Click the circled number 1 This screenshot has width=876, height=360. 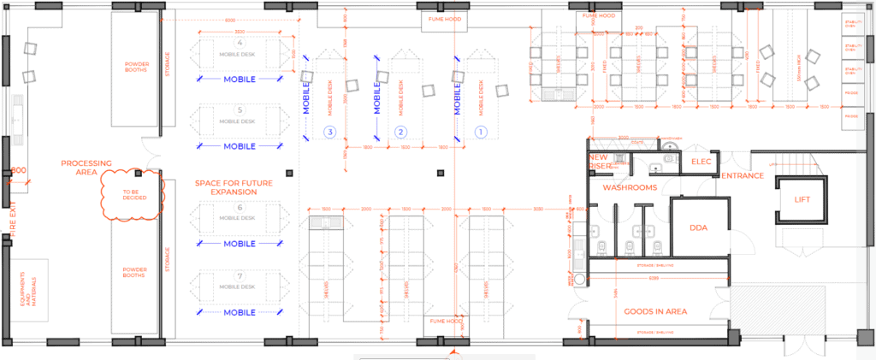pos(480,132)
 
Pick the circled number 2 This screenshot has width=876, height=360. pos(399,132)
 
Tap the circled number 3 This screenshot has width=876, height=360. pos(329,132)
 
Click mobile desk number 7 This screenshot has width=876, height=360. pos(240,283)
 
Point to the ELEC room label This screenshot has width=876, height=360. pos(701,161)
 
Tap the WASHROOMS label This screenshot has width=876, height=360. pos(629,186)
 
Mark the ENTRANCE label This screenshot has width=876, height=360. pos(743,176)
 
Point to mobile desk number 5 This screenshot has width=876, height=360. pos(240,117)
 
